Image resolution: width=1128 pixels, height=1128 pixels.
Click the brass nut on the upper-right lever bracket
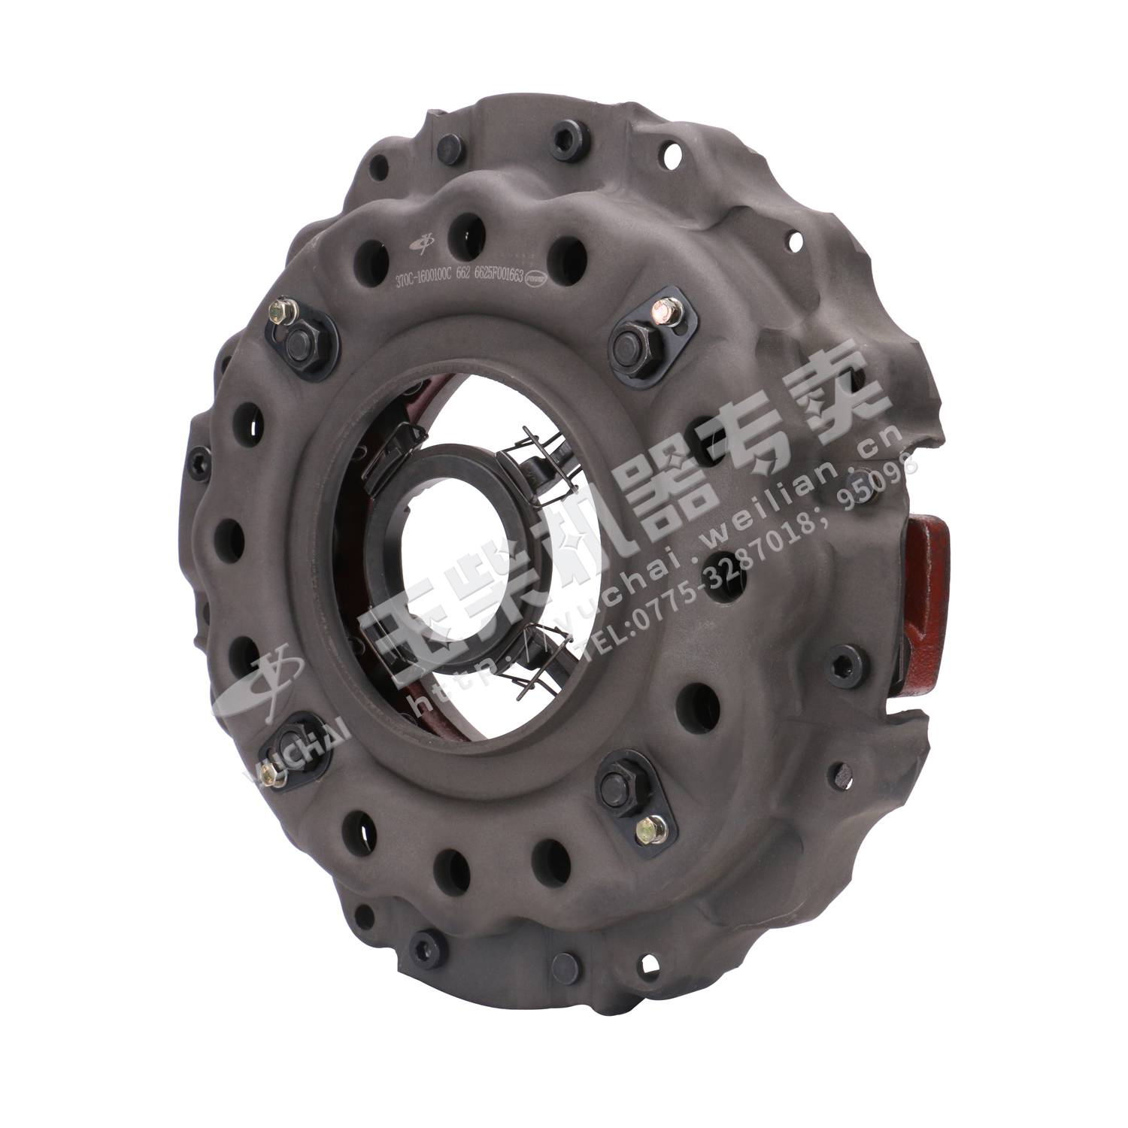tap(663, 307)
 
